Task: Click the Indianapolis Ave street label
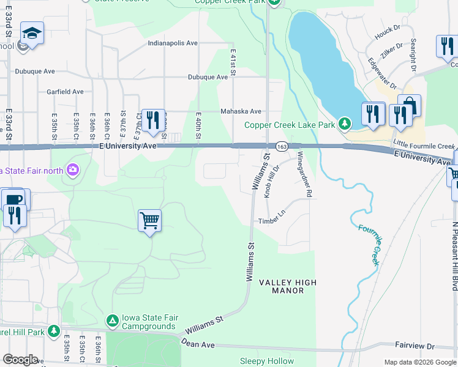click(x=173, y=43)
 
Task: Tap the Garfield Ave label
click(x=65, y=92)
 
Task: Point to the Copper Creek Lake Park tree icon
click(x=345, y=125)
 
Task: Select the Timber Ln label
click(x=272, y=221)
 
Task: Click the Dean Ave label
click(x=198, y=345)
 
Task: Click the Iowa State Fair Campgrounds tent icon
click(x=112, y=320)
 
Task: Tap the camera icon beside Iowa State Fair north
click(x=73, y=169)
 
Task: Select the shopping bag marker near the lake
click(x=409, y=106)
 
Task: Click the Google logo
click(x=20, y=359)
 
